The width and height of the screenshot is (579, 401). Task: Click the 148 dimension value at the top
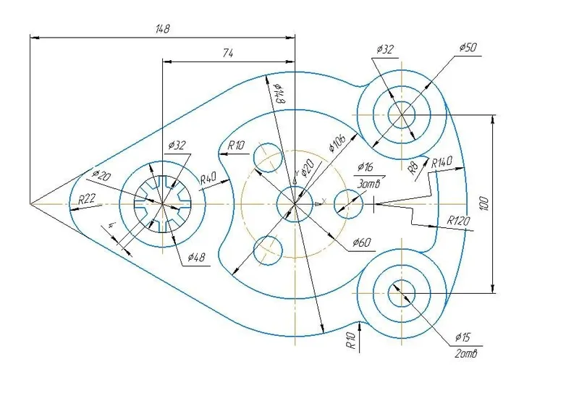[x=162, y=29]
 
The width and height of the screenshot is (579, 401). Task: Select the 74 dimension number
[x=228, y=54]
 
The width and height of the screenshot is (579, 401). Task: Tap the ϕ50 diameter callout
[x=468, y=47]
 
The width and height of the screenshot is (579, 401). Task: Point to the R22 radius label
[x=87, y=199]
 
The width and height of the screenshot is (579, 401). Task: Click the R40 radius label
[x=208, y=179]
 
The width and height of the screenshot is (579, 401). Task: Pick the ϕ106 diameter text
[x=337, y=143]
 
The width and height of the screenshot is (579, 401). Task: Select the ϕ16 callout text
[x=365, y=167]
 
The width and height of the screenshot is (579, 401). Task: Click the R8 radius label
[x=413, y=168]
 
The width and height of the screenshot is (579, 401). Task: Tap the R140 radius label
[x=441, y=162]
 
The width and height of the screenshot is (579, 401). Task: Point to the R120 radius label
[x=459, y=221]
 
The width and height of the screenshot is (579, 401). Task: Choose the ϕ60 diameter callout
[x=361, y=242]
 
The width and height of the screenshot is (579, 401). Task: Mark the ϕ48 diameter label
[x=196, y=257]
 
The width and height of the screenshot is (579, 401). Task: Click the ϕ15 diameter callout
[x=462, y=337]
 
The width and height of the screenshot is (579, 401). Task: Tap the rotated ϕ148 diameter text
[x=279, y=93]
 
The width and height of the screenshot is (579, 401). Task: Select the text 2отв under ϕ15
[x=466, y=354]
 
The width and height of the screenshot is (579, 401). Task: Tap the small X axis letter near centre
[x=324, y=201]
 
